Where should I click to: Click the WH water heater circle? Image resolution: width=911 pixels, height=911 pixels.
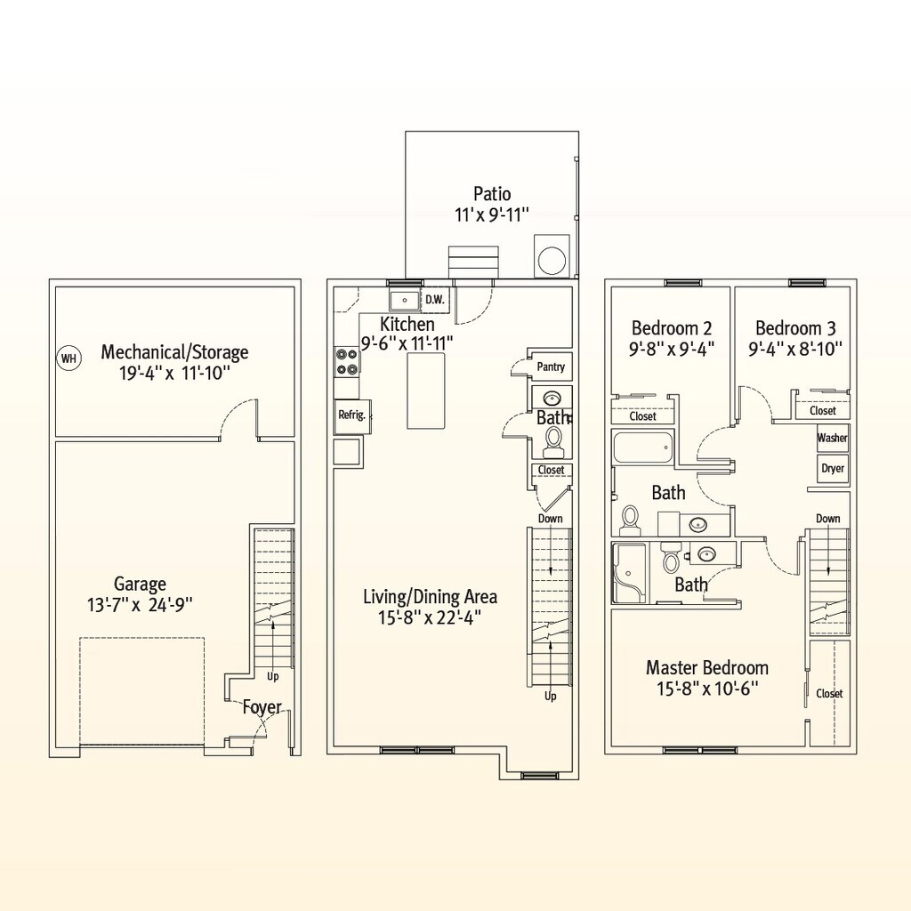coord(69,358)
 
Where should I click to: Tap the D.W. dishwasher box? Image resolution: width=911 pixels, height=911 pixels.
coord(434,300)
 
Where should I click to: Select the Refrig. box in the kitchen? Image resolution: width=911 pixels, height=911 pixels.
coord(352,415)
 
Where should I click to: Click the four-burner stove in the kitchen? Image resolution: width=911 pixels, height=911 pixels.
coord(347,361)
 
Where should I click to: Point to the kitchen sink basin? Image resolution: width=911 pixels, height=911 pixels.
coord(404,300)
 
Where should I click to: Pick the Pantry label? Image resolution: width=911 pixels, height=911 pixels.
coord(550,367)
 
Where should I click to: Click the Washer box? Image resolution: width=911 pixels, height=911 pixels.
coord(833,438)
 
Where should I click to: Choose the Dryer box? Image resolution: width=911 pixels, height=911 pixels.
coord(833,468)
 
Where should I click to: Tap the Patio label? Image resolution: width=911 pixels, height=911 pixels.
coord(492,193)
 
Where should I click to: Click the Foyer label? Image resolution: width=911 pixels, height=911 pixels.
coord(262,707)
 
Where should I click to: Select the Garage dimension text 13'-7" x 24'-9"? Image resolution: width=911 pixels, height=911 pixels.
coord(140,605)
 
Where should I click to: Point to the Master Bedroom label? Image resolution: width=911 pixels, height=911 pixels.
coord(707,667)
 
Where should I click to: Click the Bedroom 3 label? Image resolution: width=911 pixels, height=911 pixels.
coord(795,328)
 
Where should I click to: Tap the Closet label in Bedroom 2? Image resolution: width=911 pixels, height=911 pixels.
coord(642,416)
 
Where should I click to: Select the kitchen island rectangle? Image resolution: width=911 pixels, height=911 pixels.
coord(426,391)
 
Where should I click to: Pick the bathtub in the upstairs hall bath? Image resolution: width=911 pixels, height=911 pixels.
coord(643,447)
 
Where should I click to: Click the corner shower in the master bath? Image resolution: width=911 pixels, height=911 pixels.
coord(628,573)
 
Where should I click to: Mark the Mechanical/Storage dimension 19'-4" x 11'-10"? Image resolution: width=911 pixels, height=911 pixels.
coord(175,373)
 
